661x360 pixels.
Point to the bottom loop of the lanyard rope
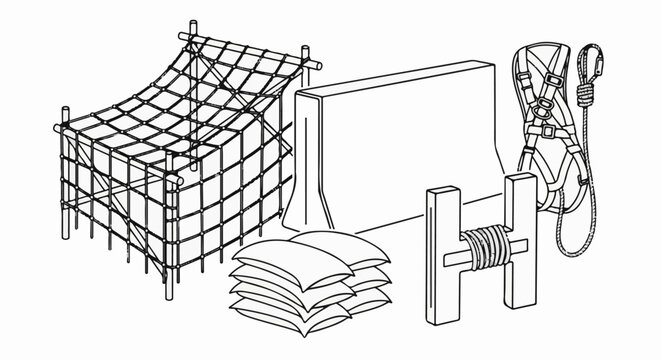coord(571,244)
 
